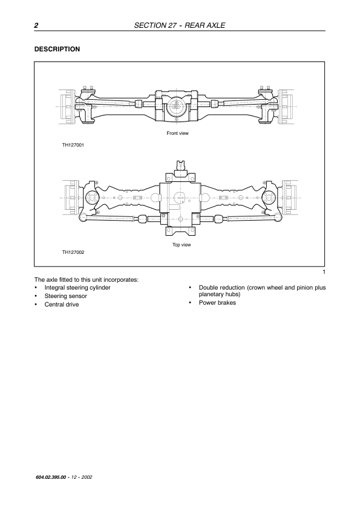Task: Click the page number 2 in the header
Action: point(36,25)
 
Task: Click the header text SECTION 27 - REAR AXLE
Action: point(179,25)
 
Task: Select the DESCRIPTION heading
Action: point(57,50)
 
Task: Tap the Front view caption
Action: point(177,133)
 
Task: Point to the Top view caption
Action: point(182,245)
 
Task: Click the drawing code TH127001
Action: point(73,145)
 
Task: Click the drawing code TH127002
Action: point(73,252)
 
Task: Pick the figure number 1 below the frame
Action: point(324,272)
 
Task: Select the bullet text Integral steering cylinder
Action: point(77,288)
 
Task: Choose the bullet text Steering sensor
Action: point(65,296)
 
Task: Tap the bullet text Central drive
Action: point(62,305)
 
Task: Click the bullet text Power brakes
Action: point(217,302)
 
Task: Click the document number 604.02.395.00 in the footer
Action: point(50,477)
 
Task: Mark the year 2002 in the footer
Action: point(87,477)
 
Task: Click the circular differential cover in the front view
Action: point(176,108)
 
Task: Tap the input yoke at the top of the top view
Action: point(180,166)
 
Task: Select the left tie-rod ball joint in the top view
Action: point(83,217)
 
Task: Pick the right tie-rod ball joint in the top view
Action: point(277,217)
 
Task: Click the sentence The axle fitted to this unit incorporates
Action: point(87,279)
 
